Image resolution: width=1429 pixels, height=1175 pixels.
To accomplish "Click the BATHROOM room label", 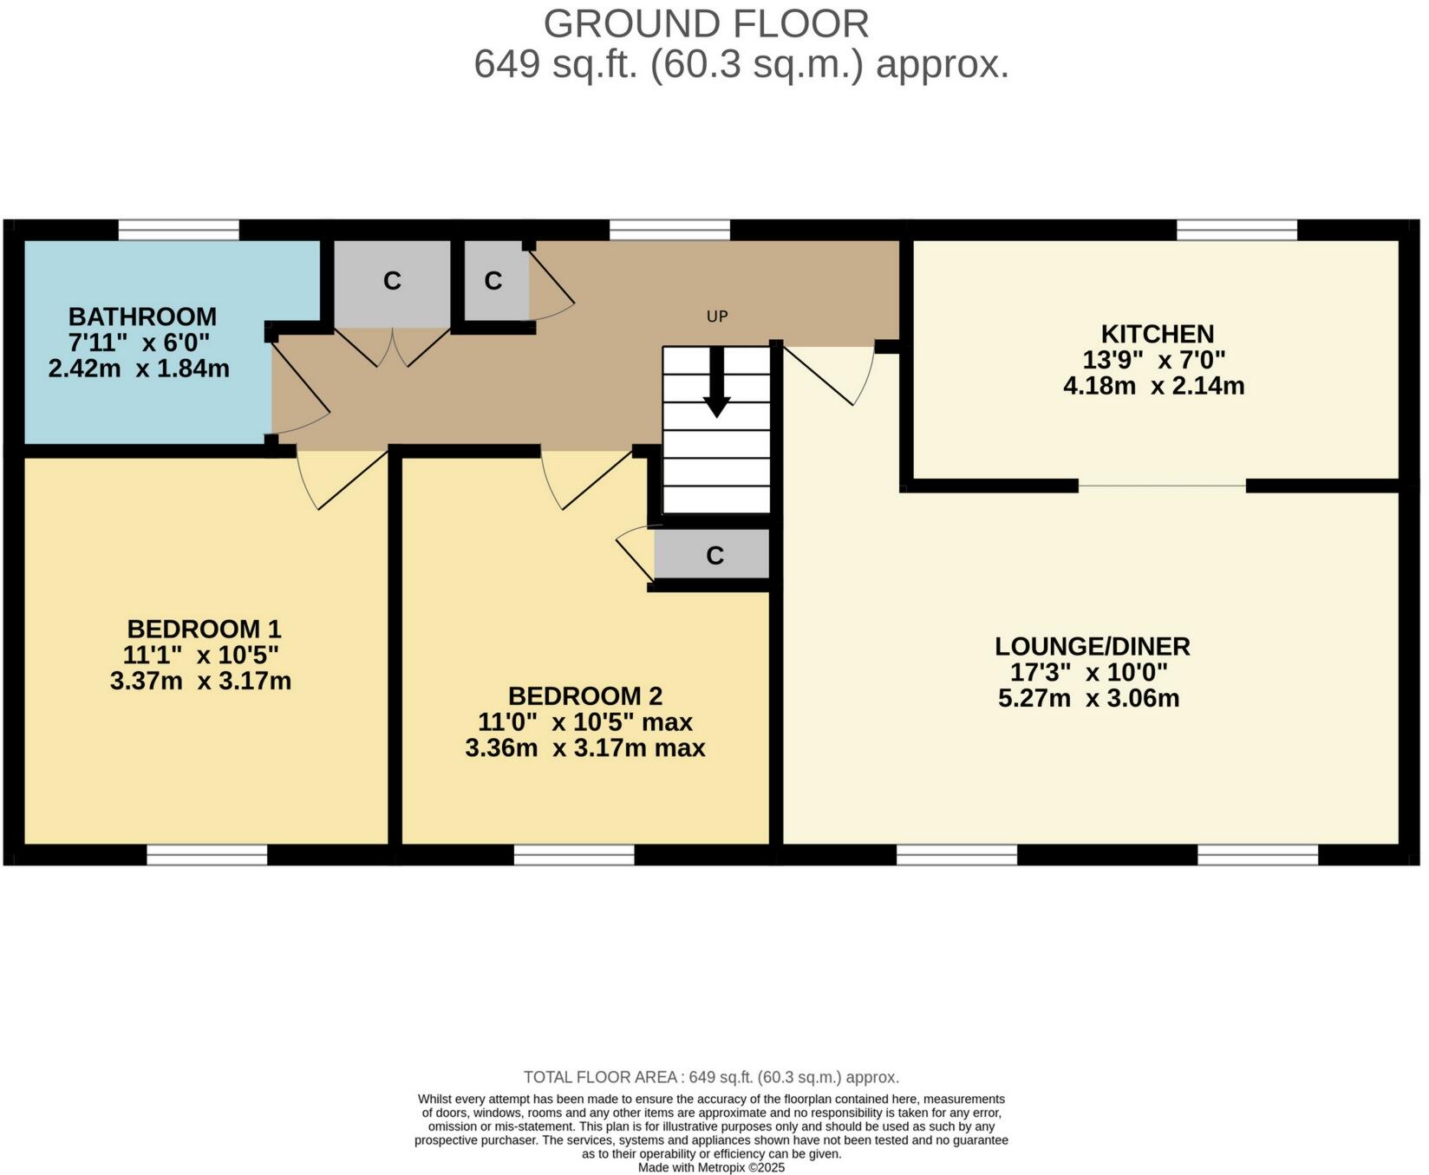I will click(142, 317).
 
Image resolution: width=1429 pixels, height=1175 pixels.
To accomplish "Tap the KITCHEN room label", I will click(1157, 334).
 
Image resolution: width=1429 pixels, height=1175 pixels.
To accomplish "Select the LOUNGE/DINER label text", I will click(1092, 646).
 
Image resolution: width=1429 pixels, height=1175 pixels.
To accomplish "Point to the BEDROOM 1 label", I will click(204, 629).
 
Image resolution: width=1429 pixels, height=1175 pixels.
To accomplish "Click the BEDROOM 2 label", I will click(585, 696).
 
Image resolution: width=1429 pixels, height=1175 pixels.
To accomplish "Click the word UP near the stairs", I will click(716, 317).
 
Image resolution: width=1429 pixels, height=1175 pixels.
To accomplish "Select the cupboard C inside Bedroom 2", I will click(714, 556).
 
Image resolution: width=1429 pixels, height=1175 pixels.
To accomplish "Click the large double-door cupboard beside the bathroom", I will click(392, 281).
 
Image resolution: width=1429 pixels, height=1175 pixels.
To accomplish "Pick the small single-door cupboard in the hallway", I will click(494, 281).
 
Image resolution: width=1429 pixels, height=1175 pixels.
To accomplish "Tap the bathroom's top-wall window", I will click(178, 230).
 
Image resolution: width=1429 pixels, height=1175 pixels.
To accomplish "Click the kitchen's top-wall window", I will click(1237, 230).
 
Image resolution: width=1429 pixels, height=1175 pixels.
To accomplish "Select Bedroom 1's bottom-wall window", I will click(206, 855).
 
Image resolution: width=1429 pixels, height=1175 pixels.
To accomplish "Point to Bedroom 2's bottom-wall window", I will click(574, 855).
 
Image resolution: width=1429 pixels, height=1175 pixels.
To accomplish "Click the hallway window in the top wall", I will click(669, 230).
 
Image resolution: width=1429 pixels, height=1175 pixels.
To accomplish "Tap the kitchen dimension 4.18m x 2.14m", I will click(1153, 386).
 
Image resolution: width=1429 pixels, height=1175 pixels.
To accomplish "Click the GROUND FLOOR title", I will click(706, 24).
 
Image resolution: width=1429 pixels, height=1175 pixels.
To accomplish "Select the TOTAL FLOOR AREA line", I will click(711, 1077).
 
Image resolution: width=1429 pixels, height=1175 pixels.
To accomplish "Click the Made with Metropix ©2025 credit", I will click(711, 1167).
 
